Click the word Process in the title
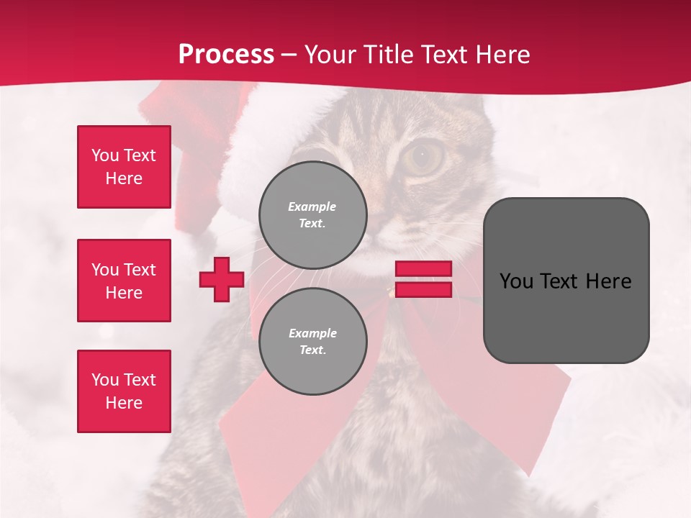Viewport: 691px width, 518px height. click(226, 55)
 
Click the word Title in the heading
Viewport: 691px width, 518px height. click(387, 55)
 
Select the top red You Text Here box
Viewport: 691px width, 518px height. click(124, 167)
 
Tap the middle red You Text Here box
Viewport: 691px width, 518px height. click(124, 281)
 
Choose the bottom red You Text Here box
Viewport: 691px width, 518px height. click(124, 391)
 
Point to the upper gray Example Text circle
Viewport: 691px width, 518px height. click(312, 214)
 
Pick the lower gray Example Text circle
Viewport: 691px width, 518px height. click(312, 341)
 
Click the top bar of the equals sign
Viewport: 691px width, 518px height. click(423, 269)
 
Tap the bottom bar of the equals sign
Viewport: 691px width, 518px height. click(423, 290)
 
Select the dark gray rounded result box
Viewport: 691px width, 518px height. click(566, 281)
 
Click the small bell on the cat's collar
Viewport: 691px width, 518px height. click(390, 291)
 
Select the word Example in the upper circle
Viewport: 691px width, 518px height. click(312, 206)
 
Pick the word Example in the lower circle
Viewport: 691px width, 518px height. click(312, 333)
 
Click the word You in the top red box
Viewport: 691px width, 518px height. click(104, 155)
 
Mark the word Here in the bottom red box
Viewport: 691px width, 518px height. click(124, 403)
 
